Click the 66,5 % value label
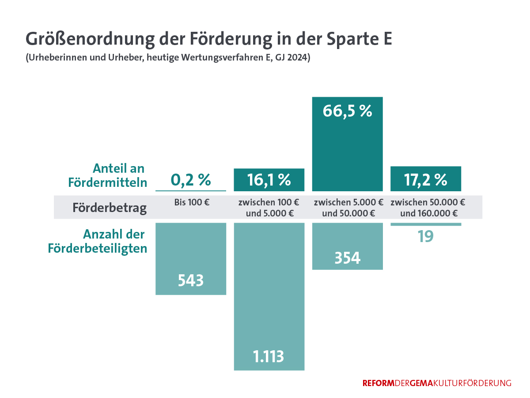coord(347,111)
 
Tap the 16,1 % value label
coord(269,180)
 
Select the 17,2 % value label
coord(426,179)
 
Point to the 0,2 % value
coord(191,180)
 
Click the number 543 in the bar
coord(191,280)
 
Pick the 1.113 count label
coord(269,356)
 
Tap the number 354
coord(347,257)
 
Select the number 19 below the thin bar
coord(426,236)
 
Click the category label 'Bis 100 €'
coord(191,203)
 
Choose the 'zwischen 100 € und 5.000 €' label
coord(269,208)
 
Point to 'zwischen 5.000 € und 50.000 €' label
coord(348,208)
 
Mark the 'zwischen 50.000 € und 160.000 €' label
coord(428,208)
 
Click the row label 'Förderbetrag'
coord(110,208)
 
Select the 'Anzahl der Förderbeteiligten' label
coord(97,241)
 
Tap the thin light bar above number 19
coord(426,224)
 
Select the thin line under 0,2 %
coord(191,191)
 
